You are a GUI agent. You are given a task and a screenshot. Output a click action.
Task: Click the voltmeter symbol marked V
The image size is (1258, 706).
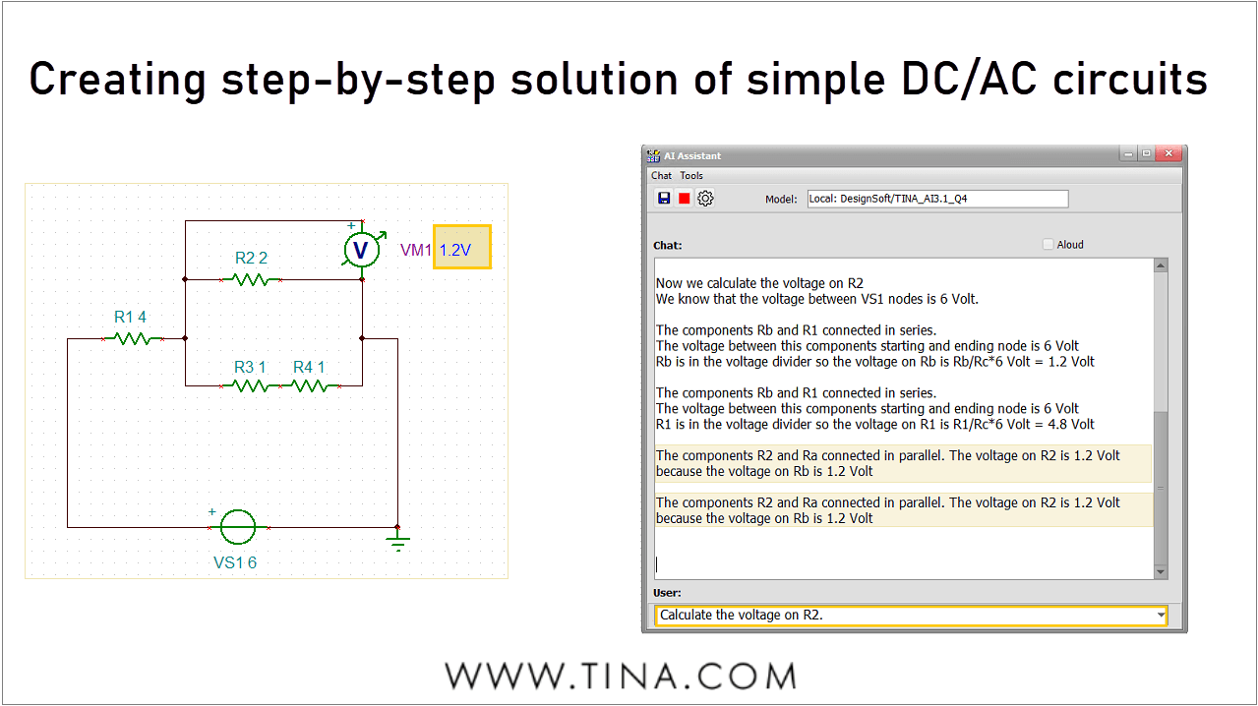tap(361, 250)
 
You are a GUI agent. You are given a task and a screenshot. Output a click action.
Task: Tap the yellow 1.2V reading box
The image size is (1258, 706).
tap(462, 250)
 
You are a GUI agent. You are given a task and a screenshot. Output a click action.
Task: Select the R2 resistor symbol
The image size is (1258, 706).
tap(252, 280)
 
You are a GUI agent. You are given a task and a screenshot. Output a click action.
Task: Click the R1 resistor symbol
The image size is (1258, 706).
tap(133, 339)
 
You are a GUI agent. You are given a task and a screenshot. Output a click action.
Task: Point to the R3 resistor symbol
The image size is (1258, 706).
tap(252, 386)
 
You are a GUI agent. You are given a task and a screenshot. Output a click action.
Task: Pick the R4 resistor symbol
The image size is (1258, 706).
tap(310, 386)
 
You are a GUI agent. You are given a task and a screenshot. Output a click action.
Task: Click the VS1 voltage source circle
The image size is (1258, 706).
tap(238, 527)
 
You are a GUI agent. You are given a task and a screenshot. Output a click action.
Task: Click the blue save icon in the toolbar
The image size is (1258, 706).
tap(664, 199)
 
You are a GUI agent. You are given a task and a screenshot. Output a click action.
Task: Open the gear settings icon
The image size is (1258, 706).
tap(705, 199)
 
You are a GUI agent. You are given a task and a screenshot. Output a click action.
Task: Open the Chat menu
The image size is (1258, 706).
tap(661, 176)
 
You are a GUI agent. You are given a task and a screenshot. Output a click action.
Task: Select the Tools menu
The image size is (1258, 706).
tap(691, 176)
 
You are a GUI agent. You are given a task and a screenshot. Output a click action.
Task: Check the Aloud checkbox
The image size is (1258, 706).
tap(1048, 245)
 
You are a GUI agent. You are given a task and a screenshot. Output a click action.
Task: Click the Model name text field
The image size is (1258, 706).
tap(936, 199)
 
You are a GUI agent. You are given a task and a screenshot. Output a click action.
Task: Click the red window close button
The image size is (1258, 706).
tap(1168, 154)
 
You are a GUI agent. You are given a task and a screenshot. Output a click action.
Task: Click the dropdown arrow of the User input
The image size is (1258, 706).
tap(1161, 616)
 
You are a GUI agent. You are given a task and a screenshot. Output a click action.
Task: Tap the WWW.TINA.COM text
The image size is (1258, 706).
tap(620, 677)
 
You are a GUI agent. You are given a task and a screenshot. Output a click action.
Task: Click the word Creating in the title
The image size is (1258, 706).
tap(116, 79)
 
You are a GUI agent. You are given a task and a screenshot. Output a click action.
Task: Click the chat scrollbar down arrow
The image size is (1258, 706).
tap(1161, 572)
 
